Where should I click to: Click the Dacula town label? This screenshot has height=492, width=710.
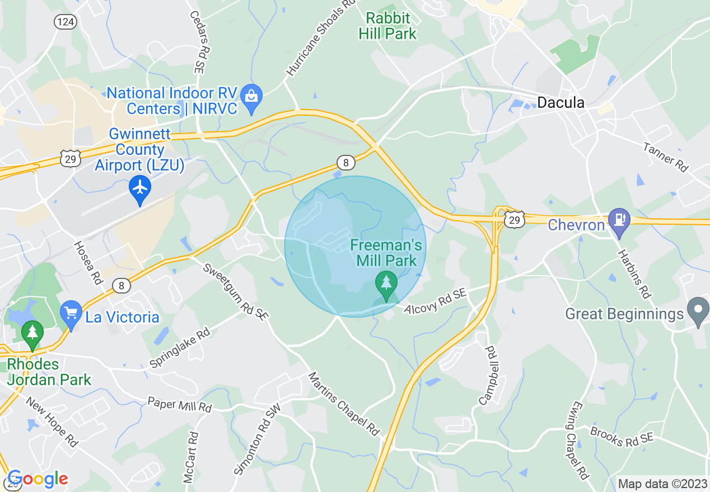560,102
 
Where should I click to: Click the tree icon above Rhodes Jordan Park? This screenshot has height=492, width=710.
32,334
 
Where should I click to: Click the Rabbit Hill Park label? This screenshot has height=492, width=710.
387,26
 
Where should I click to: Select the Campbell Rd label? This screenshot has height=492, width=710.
488,376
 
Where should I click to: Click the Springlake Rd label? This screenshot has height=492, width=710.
179,348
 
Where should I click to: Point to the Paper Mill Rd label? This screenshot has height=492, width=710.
179,404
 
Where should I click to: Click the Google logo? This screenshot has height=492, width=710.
37,479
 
